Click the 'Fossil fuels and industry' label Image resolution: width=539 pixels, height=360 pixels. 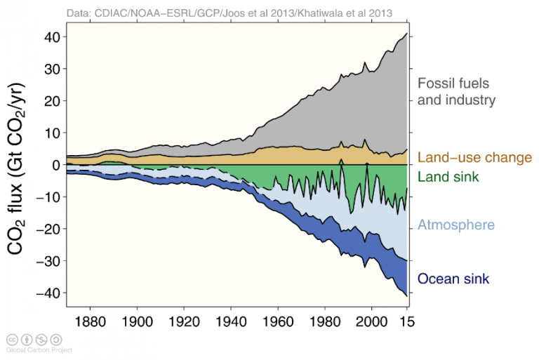click(456, 91)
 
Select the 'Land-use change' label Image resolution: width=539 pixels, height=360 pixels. click(474, 158)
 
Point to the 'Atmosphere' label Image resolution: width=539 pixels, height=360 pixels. click(456, 225)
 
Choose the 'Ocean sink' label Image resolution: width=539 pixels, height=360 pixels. click(453, 279)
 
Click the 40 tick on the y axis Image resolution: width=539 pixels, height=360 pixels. click(51, 36)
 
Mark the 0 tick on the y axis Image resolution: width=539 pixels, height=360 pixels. click(55, 165)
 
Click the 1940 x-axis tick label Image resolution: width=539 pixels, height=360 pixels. click(231, 320)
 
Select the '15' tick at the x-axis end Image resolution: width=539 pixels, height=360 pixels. click(407, 320)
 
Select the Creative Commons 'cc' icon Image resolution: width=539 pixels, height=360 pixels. click(12, 339)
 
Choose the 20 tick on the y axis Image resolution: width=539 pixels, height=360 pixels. click(51, 101)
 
